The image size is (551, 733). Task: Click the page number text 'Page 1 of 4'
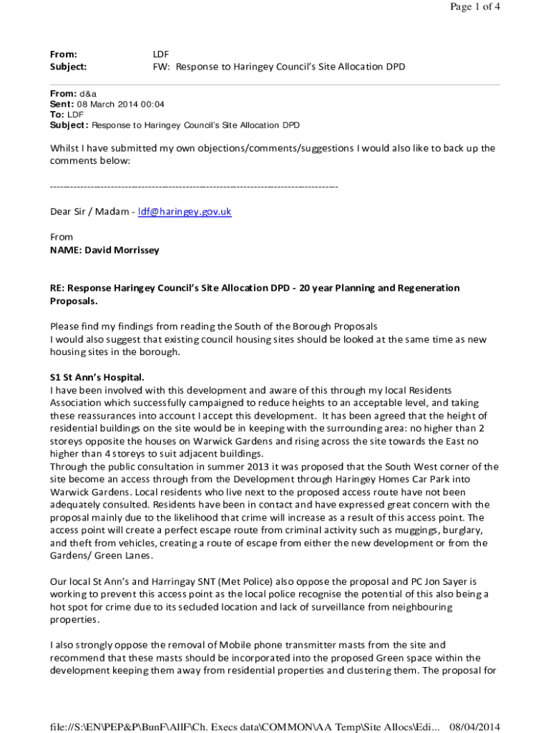(x=474, y=7)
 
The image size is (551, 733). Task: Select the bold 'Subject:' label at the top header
(x=68, y=67)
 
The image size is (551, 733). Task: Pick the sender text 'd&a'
(x=88, y=94)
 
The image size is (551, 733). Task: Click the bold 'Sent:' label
(x=62, y=104)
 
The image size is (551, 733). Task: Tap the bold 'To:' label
(x=57, y=115)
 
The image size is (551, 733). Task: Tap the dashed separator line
(x=193, y=187)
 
